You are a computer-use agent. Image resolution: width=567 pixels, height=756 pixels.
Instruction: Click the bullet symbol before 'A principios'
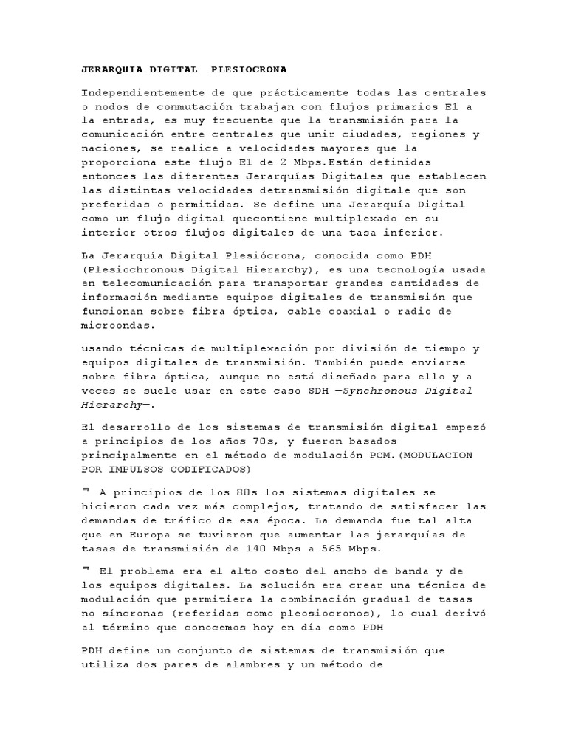click(x=85, y=489)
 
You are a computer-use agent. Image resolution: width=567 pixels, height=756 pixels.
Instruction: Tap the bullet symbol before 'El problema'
click(x=85, y=568)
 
